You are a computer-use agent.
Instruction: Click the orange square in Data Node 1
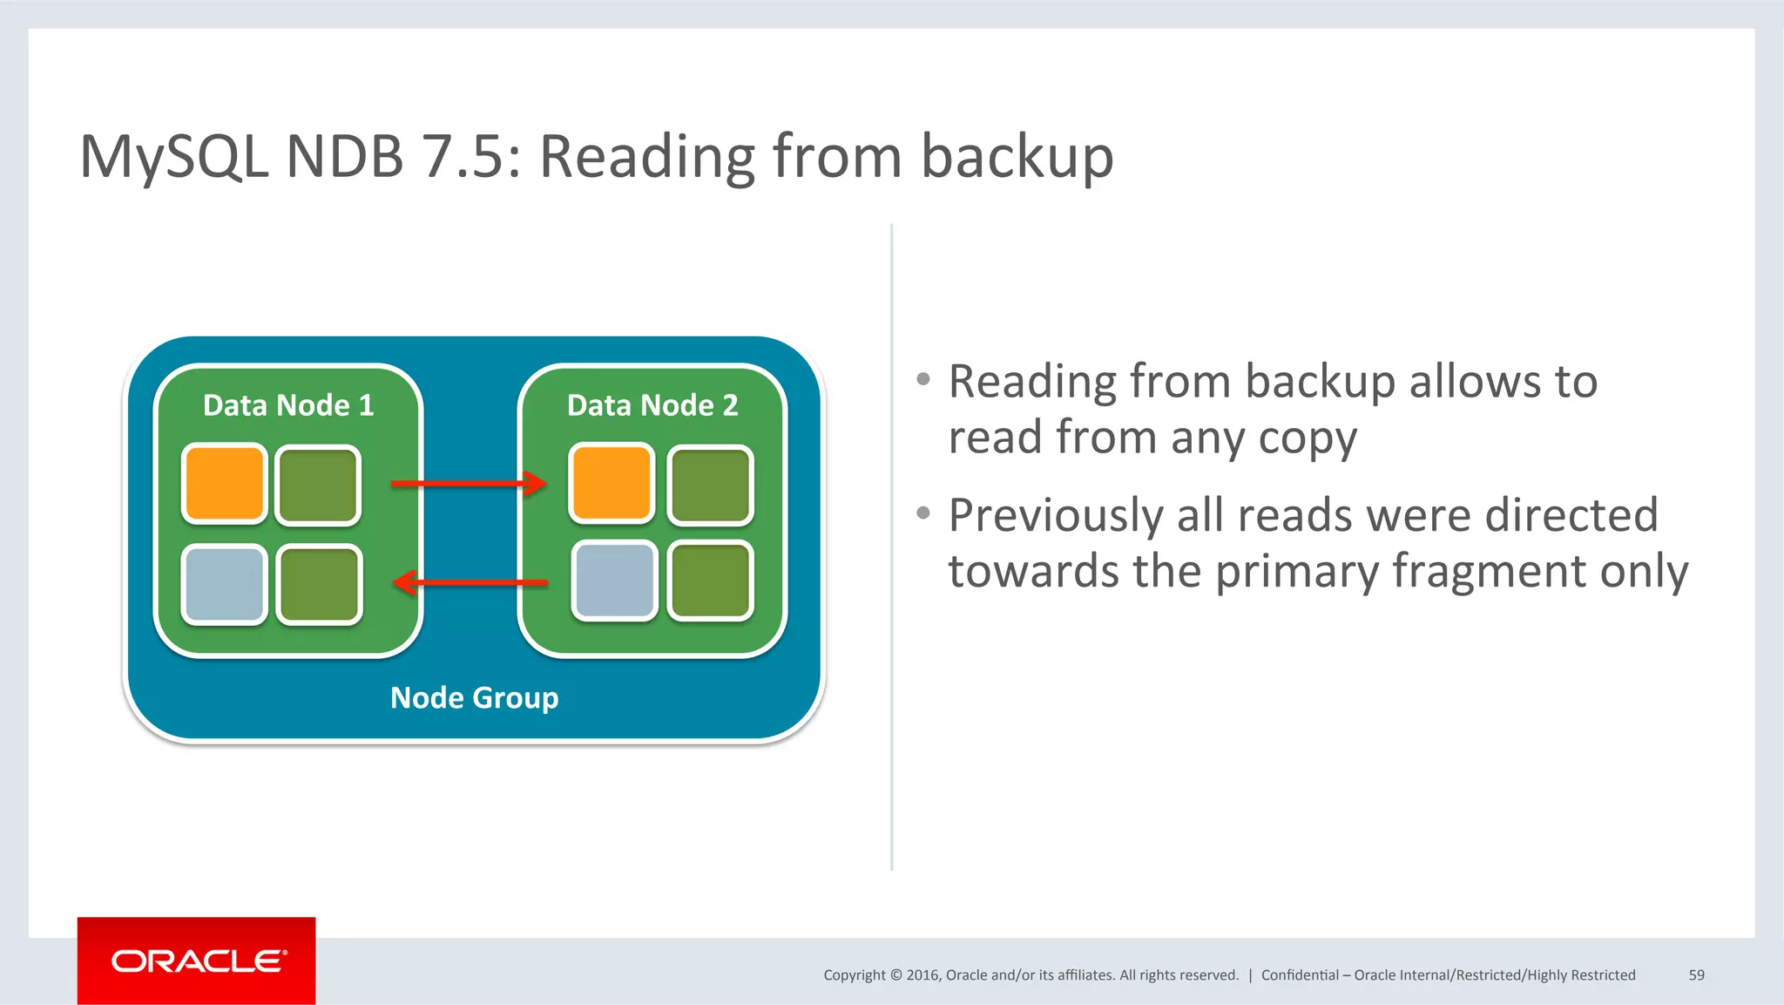pyautogui.click(x=224, y=484)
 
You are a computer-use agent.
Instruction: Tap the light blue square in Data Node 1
pyautogui.click(x=224, y=584)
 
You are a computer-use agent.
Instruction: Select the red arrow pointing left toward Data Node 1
pyautogui.click(x=470, y=582)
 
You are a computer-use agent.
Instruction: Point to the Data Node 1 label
pyautogui.click(x=288, y=405)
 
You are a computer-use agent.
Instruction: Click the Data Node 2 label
pyautogui.click(x=652, y=405)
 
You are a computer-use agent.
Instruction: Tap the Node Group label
pyautogui.click(x=474, y=697)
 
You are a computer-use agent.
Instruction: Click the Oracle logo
pyautogui.click(x=197, y=961)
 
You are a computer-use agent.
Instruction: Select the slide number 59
pyautogui.click(x=1696, y=975)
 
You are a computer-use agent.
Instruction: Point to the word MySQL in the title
pyautogui.click(x=173, y=157)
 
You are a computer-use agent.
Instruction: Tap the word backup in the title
pyautogui.click(x=1017, y=157)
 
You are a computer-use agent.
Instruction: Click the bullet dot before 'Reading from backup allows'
pyautogui.click(x=923, y=379)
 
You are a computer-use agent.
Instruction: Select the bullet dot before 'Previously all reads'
pyautogui.click(x=923, y=513)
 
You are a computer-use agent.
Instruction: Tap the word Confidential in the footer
pyautogui.click(x=1300, y=975)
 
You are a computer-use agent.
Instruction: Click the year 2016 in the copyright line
pyautogui.click(x=922, y=975)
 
